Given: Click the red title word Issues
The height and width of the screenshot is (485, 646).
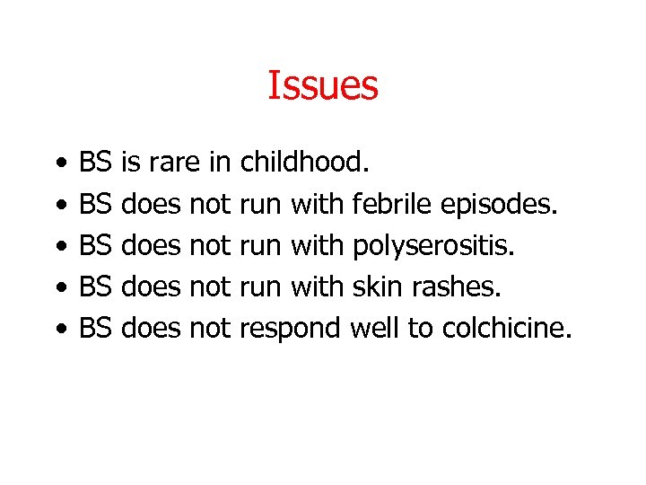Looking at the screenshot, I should pos(323,86).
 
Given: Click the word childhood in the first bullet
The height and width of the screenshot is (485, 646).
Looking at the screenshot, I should pos(305,163).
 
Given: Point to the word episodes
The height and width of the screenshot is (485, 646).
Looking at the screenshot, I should pos(501,206).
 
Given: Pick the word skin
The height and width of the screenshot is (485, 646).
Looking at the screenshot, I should pos(371,287).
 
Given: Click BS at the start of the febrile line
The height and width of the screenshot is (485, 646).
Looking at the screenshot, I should pos(95,204).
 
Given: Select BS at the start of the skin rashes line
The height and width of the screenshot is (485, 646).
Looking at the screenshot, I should pos(95,287).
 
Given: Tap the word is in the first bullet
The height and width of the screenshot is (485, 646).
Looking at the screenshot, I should pos(129,163).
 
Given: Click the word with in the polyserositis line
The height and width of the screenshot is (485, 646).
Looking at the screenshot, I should pos(318,245).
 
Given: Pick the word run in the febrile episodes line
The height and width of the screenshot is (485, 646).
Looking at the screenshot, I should pos(261,206).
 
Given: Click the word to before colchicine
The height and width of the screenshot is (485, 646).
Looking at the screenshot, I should pos(420,329).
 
